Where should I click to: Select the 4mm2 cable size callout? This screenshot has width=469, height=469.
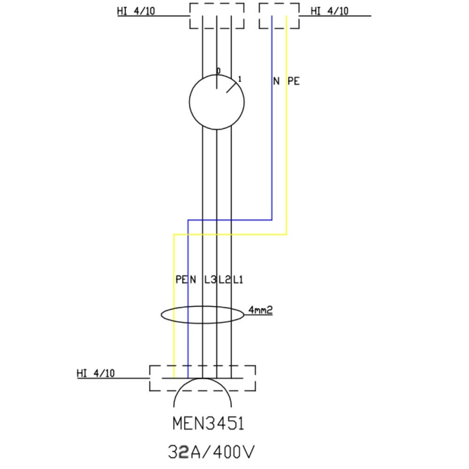tap(260, 310)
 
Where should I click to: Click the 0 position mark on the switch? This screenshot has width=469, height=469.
tap(218, 71)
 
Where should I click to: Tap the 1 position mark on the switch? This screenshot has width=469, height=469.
tap(240, 79)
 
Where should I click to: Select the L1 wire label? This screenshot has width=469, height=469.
tap(238, 280)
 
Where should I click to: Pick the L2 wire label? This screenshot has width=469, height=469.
tap(224, 280)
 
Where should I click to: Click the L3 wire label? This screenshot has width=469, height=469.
tap(210, 280)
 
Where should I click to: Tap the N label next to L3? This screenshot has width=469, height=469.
tap(193, 280)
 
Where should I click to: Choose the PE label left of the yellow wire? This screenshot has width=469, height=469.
tap(181, 280)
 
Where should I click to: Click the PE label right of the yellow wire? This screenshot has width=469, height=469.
tap(294, 81)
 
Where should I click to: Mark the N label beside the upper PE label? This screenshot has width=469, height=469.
tap(276, 81)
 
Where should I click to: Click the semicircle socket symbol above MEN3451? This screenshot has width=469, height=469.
tap(203, 394)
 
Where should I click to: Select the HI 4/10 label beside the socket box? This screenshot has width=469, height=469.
tap(96, 373)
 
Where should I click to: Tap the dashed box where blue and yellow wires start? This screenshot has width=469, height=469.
tap(279, 16)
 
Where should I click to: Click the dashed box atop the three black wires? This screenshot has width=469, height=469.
tap(217, 16)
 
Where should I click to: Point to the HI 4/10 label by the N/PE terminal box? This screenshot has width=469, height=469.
tap(330, 11)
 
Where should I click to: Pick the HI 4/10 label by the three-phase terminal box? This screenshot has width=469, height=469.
tap(136, 11)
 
